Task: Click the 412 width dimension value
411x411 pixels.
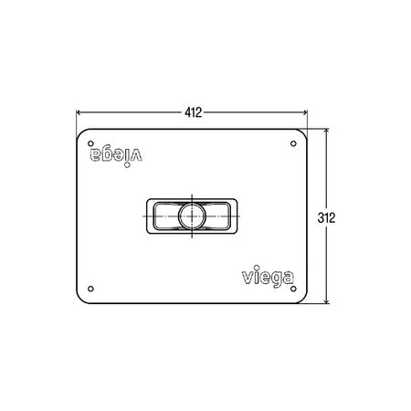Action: (x=193, y=112)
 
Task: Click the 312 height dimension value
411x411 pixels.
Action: (x=326, y=217)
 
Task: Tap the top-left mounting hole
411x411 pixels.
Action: (x=90, y=143)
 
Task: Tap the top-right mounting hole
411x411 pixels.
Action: (x=293, y=143)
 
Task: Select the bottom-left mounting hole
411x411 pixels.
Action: (x=90, y=289)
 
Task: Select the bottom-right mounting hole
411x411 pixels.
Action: (x=293, y=289)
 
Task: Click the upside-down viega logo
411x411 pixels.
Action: (x=116, y=157)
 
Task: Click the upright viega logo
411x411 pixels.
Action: (x=268, y=277)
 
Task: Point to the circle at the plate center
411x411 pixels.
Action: (x=192, y=216)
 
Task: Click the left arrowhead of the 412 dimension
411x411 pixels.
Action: (x=79, y=112)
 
